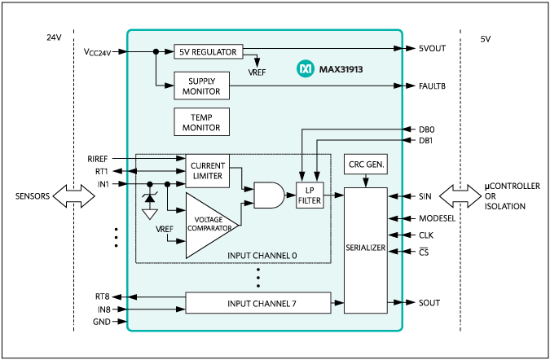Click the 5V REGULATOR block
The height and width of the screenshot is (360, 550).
point(208,51)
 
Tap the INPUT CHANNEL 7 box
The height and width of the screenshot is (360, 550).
point(259,303)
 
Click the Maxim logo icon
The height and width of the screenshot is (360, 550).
point(306,70)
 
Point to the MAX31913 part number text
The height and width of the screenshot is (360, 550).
point(341,70)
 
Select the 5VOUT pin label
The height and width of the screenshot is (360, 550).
point(432,48)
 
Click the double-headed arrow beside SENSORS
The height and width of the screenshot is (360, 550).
point(74,196)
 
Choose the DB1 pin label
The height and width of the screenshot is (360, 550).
point(426,141)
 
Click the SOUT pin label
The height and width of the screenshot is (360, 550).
point(429,303)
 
